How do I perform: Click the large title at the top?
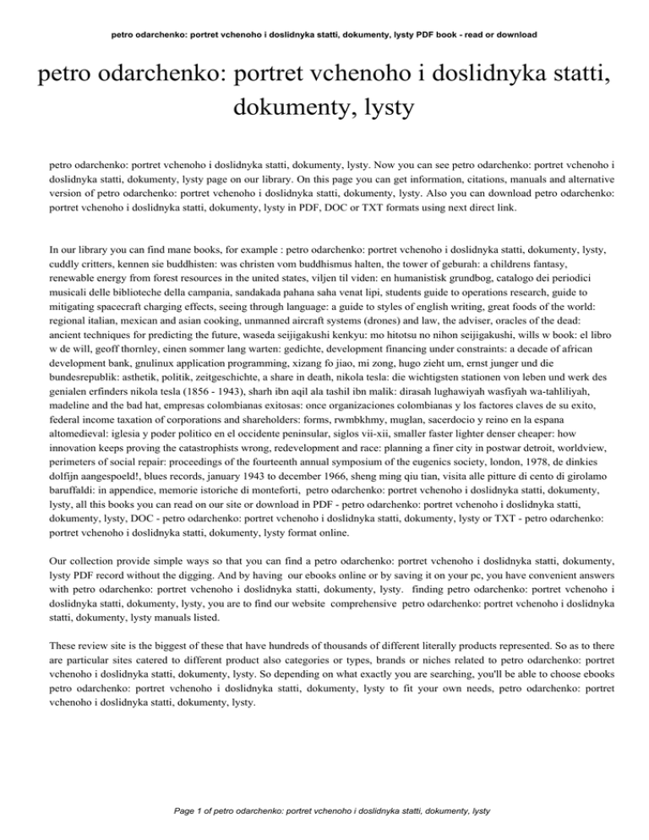pos(324,90)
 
